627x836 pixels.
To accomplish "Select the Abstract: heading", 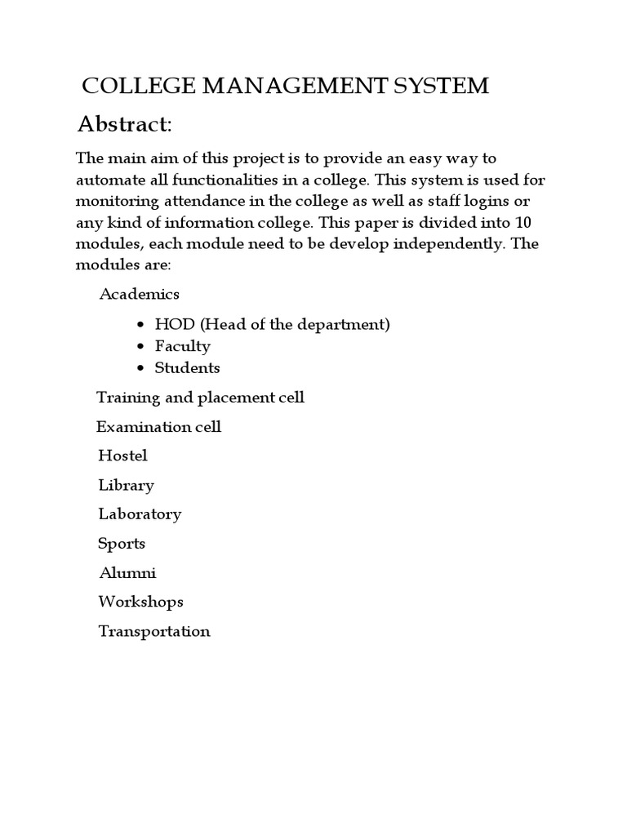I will tap(124, 124).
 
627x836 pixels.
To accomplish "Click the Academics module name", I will tap(139, 294).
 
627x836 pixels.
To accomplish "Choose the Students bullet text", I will tap(187, 368).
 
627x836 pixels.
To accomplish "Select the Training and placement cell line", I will tap(200, 398).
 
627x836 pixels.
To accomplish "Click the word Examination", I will tap(137, 427).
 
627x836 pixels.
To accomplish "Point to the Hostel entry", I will tap(122, 456).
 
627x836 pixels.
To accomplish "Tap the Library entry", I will tap(126, 485).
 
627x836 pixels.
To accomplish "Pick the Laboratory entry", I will tap(140, 514).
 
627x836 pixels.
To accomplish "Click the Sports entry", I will tap(122, 544).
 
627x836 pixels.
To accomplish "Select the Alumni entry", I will tap(127, 573).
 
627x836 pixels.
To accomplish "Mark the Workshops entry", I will tap(140, 602).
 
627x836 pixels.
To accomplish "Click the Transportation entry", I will tap(154, 631).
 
